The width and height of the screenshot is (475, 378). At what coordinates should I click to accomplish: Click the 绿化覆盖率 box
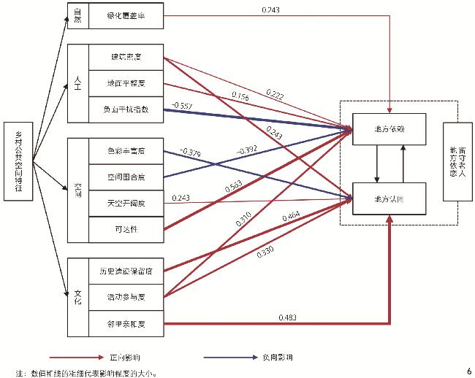coord(126,16)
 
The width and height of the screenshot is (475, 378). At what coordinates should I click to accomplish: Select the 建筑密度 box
coord(126,57)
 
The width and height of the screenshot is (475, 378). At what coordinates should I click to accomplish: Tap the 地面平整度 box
coord(126,83)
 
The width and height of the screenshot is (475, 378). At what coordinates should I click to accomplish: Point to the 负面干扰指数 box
coord(126,109)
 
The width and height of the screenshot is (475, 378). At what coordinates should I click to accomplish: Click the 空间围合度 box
coord(126,177)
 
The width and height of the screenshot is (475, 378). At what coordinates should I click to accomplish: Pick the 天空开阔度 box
coord(126,202)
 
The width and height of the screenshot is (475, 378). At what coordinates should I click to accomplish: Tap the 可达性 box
coord(126,228)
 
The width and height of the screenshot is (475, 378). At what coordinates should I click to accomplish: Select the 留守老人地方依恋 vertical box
coord(457,161)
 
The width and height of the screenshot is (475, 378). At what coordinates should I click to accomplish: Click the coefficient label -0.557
coord(182,107)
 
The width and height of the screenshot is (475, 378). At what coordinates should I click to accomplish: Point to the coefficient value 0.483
coord(289,317)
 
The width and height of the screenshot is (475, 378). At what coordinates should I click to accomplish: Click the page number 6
coord(468,370)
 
